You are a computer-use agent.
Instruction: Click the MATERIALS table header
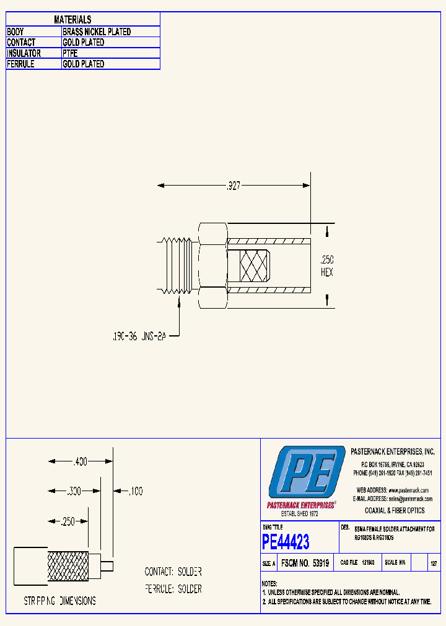point(72,20)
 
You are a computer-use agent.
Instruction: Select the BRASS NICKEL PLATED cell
point(97,32)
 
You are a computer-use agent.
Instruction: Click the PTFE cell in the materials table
point(70,53)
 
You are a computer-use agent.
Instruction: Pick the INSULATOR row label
point(24,53)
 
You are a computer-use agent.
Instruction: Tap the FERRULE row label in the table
point(20,64)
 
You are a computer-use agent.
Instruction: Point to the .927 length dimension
point(233,185)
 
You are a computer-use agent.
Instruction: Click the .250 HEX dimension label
point(326,266)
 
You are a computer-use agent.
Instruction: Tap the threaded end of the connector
point(177,265)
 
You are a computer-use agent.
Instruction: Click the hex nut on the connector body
point(212,265)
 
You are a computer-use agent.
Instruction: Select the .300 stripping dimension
point(74,491)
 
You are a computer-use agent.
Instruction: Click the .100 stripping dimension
point(134,491)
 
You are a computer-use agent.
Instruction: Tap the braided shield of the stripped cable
point(68,566)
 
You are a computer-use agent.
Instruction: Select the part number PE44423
point(286,542)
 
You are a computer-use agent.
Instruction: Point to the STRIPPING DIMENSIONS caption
point(59,601)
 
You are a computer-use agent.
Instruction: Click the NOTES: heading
point(269,583)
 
